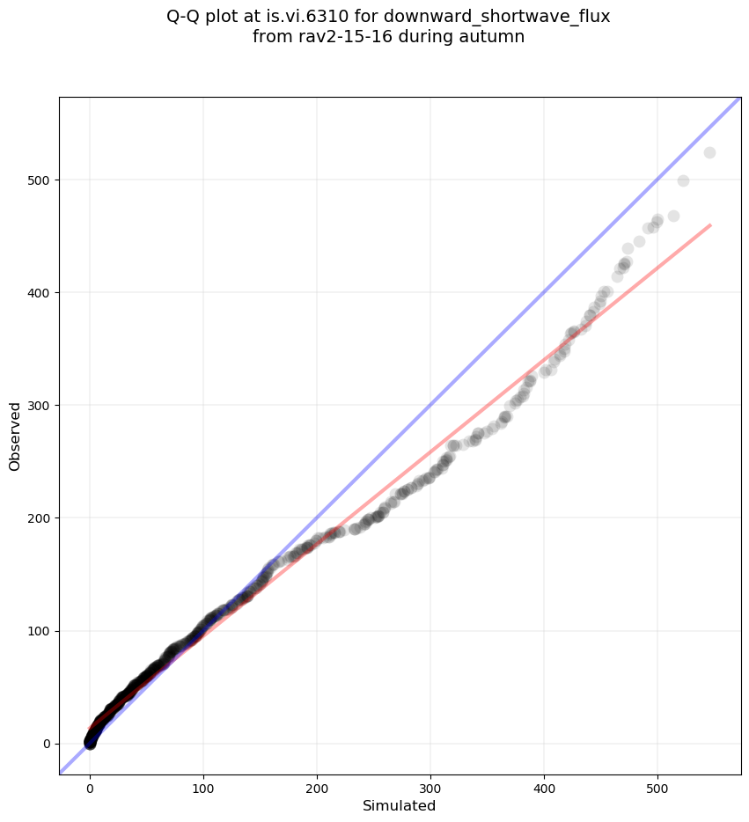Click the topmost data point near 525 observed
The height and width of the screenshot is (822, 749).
point(709,152)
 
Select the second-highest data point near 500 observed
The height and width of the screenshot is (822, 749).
point(683,180)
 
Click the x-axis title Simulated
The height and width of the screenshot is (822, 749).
point(399,805)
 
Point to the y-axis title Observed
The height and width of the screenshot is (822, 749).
point(15,436)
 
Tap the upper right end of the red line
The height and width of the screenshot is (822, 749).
point(709,225)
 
